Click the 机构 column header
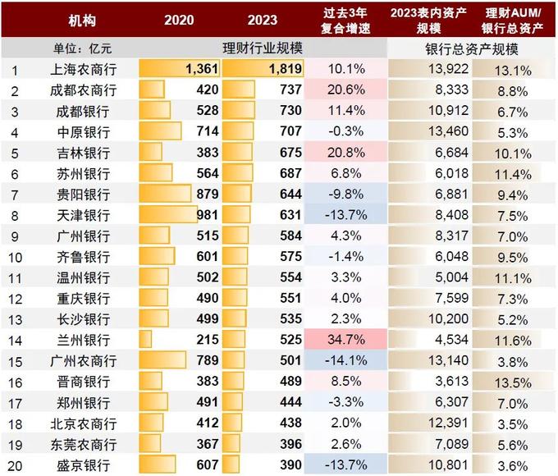82,19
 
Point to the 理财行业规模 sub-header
263,49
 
